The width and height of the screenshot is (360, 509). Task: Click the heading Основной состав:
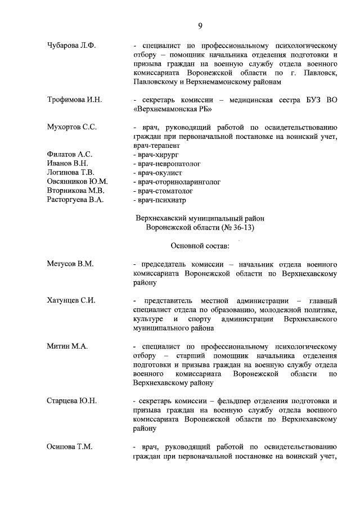click(200, 245)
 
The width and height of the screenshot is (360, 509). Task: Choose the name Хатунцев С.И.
click(71, 300)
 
